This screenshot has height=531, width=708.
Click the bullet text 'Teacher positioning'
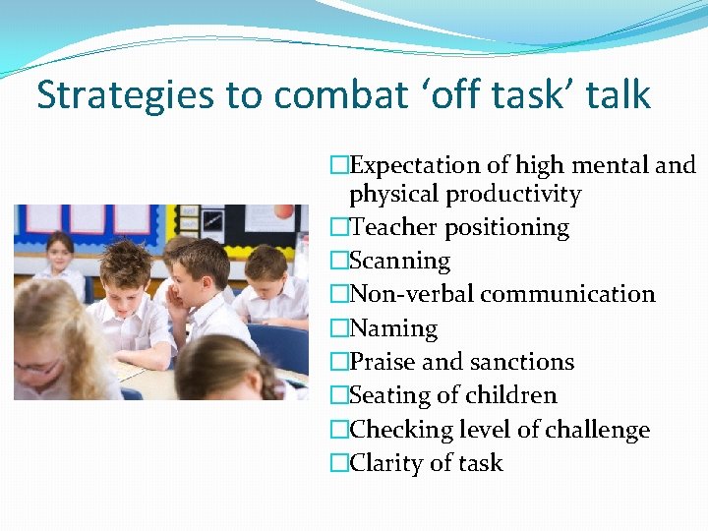(x=459, y=227)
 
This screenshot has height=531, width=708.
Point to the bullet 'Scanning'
(x=399, y=261)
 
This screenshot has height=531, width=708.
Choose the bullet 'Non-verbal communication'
(x=501, y=294)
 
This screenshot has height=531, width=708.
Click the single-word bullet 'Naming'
(x=393, y=328)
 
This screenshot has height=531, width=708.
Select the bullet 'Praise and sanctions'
(x=461, y=362)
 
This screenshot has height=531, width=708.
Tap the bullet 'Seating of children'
(x=453, y=395)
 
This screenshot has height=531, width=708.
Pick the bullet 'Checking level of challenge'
(x=500, y=430)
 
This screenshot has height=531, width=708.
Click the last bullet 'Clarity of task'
(x=426, y=463)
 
